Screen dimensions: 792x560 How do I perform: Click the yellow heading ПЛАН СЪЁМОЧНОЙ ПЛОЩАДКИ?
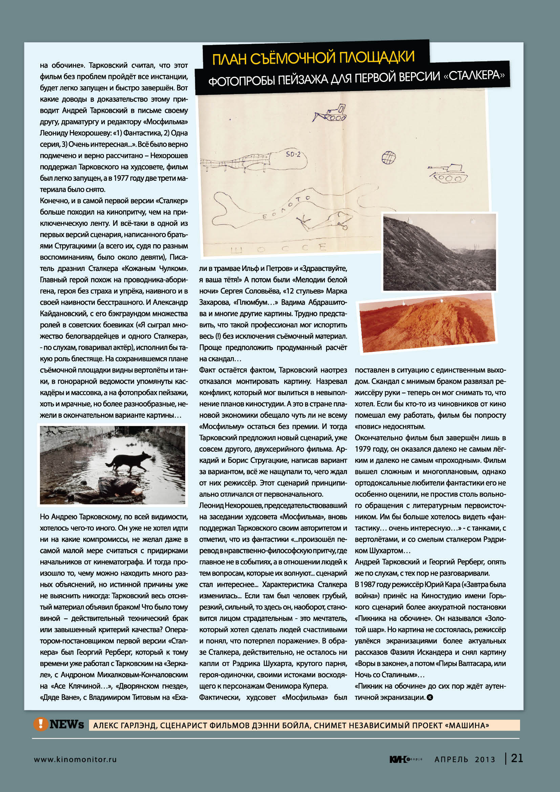click(313, 58)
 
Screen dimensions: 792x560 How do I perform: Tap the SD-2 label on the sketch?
click(293, 154)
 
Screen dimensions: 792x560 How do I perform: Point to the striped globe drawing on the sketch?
click(389, 158)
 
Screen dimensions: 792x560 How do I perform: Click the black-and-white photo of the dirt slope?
click(439, 252)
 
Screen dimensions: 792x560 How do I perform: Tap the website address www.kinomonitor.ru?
click(75, 759)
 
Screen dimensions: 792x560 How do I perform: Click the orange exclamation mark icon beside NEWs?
click(40, 724)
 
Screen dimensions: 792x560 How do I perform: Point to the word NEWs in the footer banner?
click(67, 724)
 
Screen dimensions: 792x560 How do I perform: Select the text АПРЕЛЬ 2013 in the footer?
click(465, 759)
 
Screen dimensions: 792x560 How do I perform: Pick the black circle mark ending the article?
click(430, 697)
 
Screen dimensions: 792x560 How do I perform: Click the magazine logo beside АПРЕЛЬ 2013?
click(406, 759)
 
